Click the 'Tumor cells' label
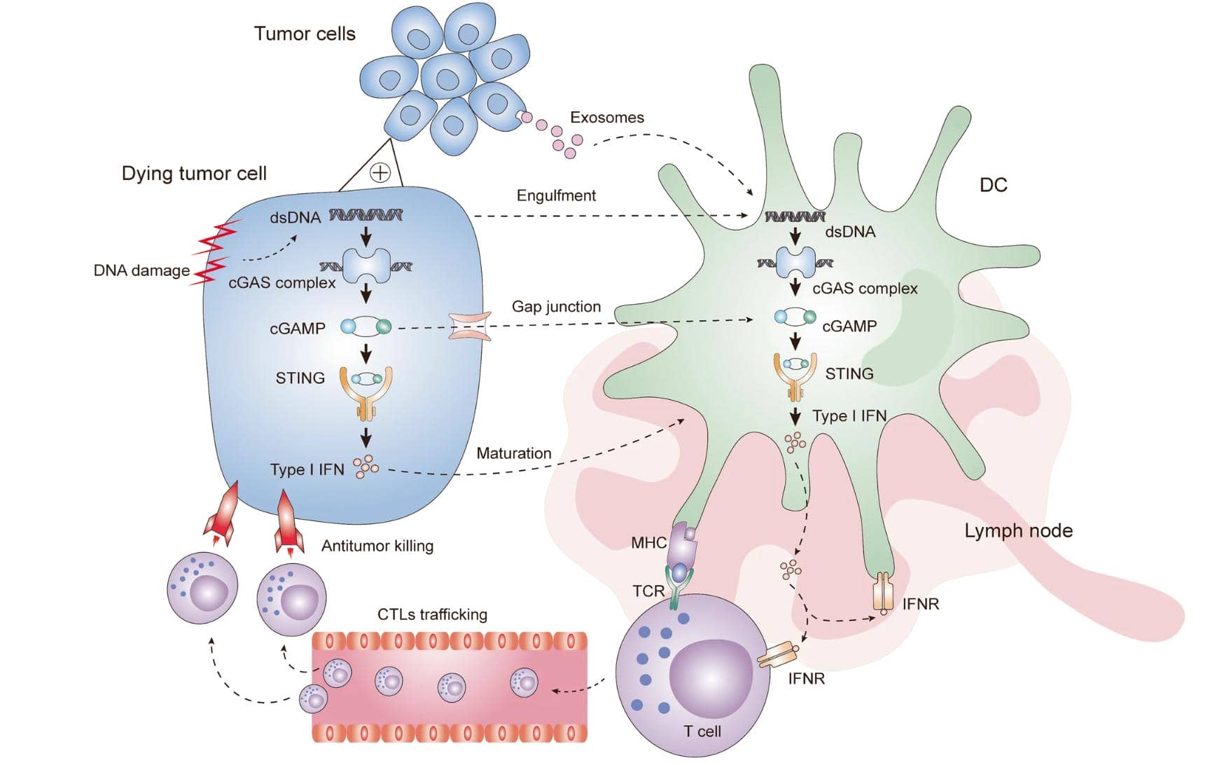[305, 34]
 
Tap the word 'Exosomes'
[606, 118]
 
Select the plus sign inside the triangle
[380, 172]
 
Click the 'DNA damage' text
[141, 270]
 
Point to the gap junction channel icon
[469, 326]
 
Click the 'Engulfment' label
[556, 195]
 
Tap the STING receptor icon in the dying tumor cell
[366, 392]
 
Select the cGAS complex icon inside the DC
[795, 263]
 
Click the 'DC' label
[993, 185]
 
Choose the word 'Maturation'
[513, 453]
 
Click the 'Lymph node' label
[1018, 530]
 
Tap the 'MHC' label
[648, 542]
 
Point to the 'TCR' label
[648, 591]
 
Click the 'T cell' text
[702, 731]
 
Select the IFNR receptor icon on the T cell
[778, 656]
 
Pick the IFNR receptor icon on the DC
[883, 593]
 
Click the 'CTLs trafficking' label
[432, 614]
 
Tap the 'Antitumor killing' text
[377, 546]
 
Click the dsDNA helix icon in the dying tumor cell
[366, 215]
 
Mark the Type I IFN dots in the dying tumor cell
[366, 467]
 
